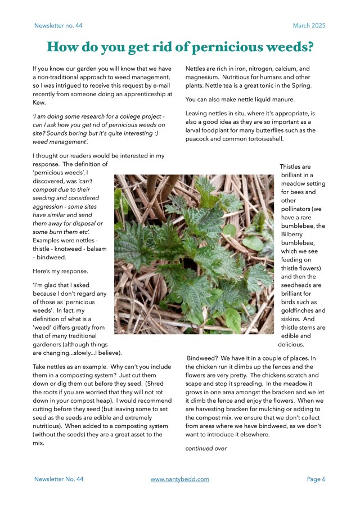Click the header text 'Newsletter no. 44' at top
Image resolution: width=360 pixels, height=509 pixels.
(x=59, y=25)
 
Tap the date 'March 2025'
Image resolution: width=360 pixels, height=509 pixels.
(x=309, y=25)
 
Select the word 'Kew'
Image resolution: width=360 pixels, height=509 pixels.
(x=39, y=102)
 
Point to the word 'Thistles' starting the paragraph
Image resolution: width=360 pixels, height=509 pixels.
(x=295, y=166)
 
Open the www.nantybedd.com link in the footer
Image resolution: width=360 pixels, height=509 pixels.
(x=180, y=479)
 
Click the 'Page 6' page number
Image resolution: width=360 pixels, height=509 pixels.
(x=316, y=479)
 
